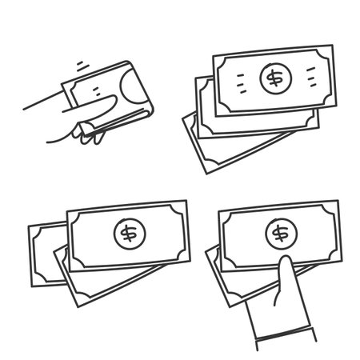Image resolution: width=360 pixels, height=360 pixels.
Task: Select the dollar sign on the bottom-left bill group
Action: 126,234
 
